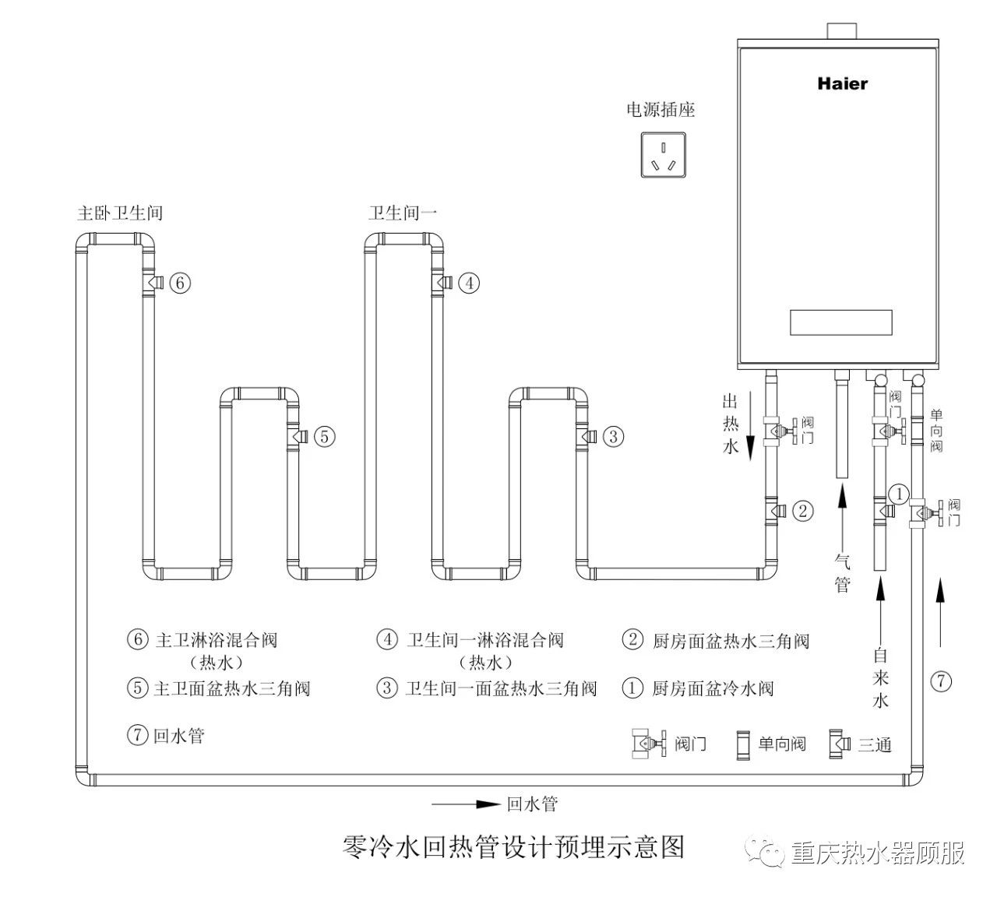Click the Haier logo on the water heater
pos(842,83)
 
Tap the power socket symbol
pos(663,154)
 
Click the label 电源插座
pos(661,110)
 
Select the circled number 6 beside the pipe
pos(179,283)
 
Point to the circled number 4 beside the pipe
pos(468,283)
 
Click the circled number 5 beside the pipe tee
pos(324,437)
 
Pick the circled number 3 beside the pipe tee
pos(613,437)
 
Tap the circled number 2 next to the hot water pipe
pos(803,512)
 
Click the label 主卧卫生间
pos(120,213)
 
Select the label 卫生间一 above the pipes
pos(403,213)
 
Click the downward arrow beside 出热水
pos(749,426)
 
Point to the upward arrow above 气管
pos(842,514)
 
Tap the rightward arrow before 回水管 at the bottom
pos(465,804)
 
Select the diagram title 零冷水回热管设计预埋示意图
pos(513,846)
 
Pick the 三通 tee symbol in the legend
pos(840,744)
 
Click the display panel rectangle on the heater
pos(840,322)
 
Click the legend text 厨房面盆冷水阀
pos(713,688)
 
